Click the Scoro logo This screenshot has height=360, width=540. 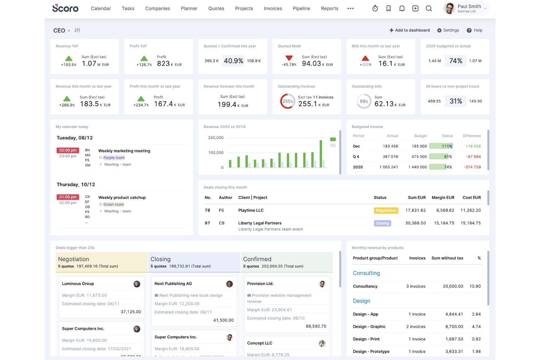pos(65,8)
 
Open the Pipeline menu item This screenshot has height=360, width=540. pos(301,8)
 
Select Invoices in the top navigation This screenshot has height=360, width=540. pos(273,8)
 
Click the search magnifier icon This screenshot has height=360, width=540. pos(429,8)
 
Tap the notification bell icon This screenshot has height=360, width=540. pos(402,8)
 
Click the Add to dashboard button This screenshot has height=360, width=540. pos(409,30)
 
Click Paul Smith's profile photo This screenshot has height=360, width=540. pos(450,8)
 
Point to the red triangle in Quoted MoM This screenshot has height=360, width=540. pos(289,58)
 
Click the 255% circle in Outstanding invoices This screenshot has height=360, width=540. pos(288,101)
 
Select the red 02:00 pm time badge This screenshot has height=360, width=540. pos(67,150)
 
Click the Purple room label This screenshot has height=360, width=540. pos(113,158)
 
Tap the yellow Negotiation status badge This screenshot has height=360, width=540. pos(386,210)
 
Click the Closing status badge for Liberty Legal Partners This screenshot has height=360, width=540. pos(382,223)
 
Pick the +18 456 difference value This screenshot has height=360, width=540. pos(473,146)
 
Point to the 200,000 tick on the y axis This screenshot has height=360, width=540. pos(216,138)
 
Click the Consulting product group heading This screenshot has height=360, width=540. pos(366,273)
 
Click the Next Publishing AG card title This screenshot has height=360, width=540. pos(173,284)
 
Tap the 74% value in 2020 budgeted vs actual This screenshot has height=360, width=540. pos(455,61)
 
